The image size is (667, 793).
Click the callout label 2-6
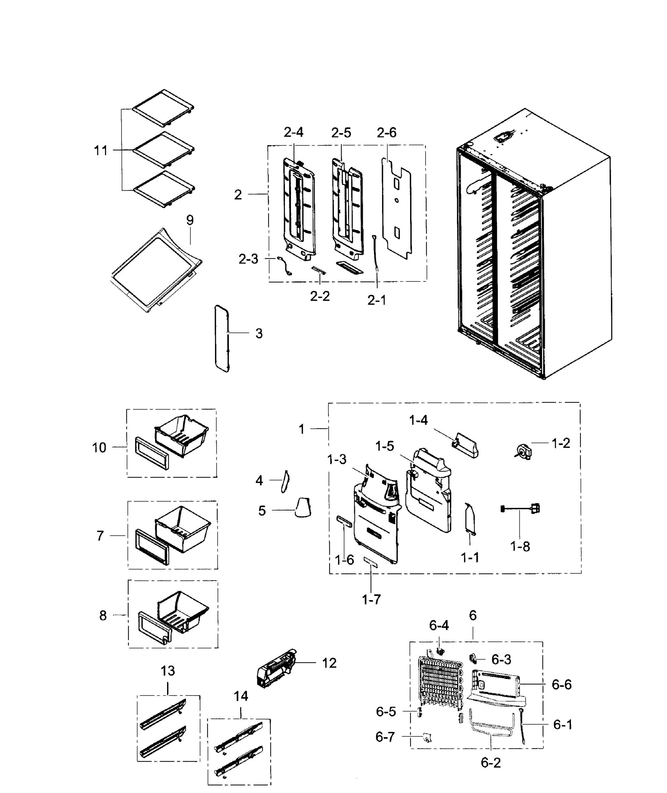[x=386, y=132]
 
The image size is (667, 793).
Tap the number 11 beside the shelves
[x=101, y=151]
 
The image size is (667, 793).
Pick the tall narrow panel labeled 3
[x=222, y=338]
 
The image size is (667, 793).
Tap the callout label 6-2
[x=490, y=762]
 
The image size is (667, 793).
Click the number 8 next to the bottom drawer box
[x=103, y=616]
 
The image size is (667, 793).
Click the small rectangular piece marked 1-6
[x=344, y=521]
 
